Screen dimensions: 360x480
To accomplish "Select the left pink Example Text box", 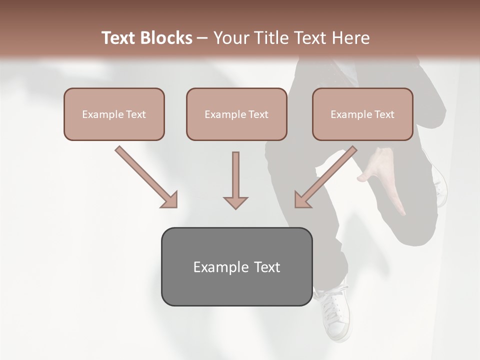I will [x=114, y=114].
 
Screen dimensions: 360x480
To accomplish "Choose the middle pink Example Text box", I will [x=236, y=114].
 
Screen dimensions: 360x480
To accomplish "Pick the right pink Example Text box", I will [x=362, y=114].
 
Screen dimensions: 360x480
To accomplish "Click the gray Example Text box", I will [x=236, y=266].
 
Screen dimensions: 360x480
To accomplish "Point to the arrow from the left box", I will [x=145, y=176].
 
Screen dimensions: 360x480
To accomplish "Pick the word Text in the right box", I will [x=384, y=114].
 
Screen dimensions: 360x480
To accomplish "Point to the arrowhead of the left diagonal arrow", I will [x=170, y=200].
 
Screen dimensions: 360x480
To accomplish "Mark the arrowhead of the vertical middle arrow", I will [x=235, y=202].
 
